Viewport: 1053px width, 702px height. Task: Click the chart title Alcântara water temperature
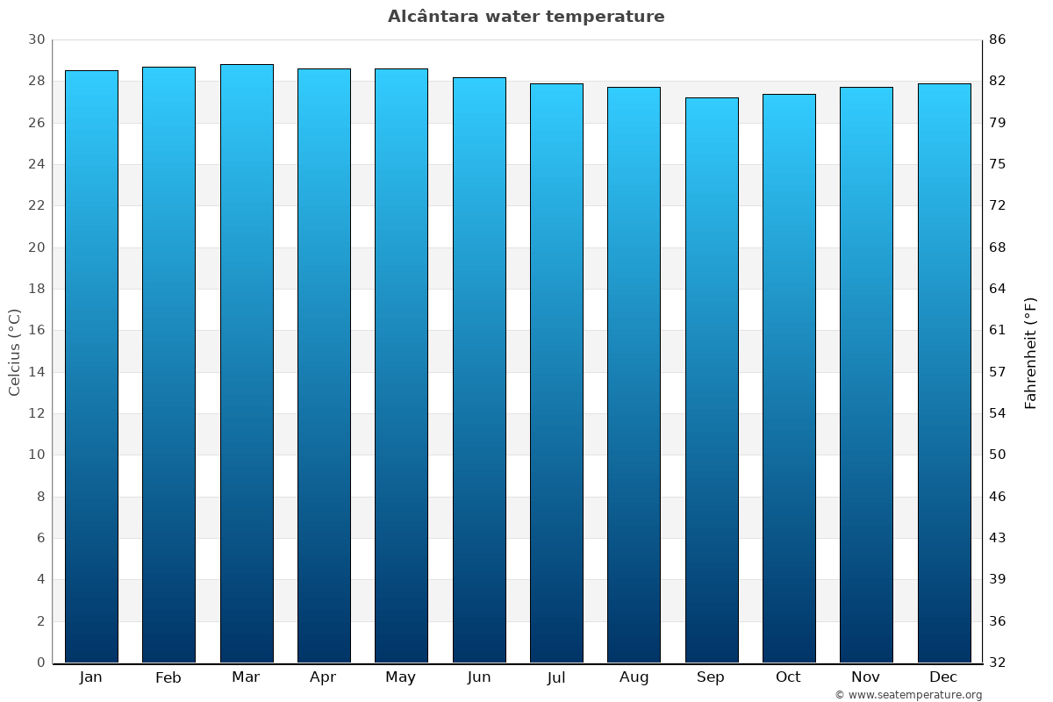point(526,17)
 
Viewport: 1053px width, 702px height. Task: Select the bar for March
point(247,363)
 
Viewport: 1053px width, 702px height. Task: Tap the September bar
point(712,380)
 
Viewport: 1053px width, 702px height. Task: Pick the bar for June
point(479,369)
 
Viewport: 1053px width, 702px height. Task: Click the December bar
point(944,373)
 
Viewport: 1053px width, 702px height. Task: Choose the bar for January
point(91,367)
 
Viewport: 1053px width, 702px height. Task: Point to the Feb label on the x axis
point(168,677)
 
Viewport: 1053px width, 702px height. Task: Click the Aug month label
point(634,677)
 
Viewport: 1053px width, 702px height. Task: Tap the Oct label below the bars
point(788,677)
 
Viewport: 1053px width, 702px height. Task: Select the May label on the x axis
point(401,677)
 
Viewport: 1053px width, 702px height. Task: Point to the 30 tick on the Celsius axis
point(36,39)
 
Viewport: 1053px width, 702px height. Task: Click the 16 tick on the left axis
point(36,331)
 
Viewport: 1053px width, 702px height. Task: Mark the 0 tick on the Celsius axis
point(40,663)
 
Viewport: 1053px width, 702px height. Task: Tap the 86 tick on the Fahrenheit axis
point(997,39)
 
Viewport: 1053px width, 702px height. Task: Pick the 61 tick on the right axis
point(997,331)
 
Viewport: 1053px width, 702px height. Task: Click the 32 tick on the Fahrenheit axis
point(997,663)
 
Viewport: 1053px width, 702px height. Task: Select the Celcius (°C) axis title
point(14,352)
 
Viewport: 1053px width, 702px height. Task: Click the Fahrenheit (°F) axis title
point(1031,352)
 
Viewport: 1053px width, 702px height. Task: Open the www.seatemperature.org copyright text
point(907,695)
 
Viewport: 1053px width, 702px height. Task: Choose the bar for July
point(556,373)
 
